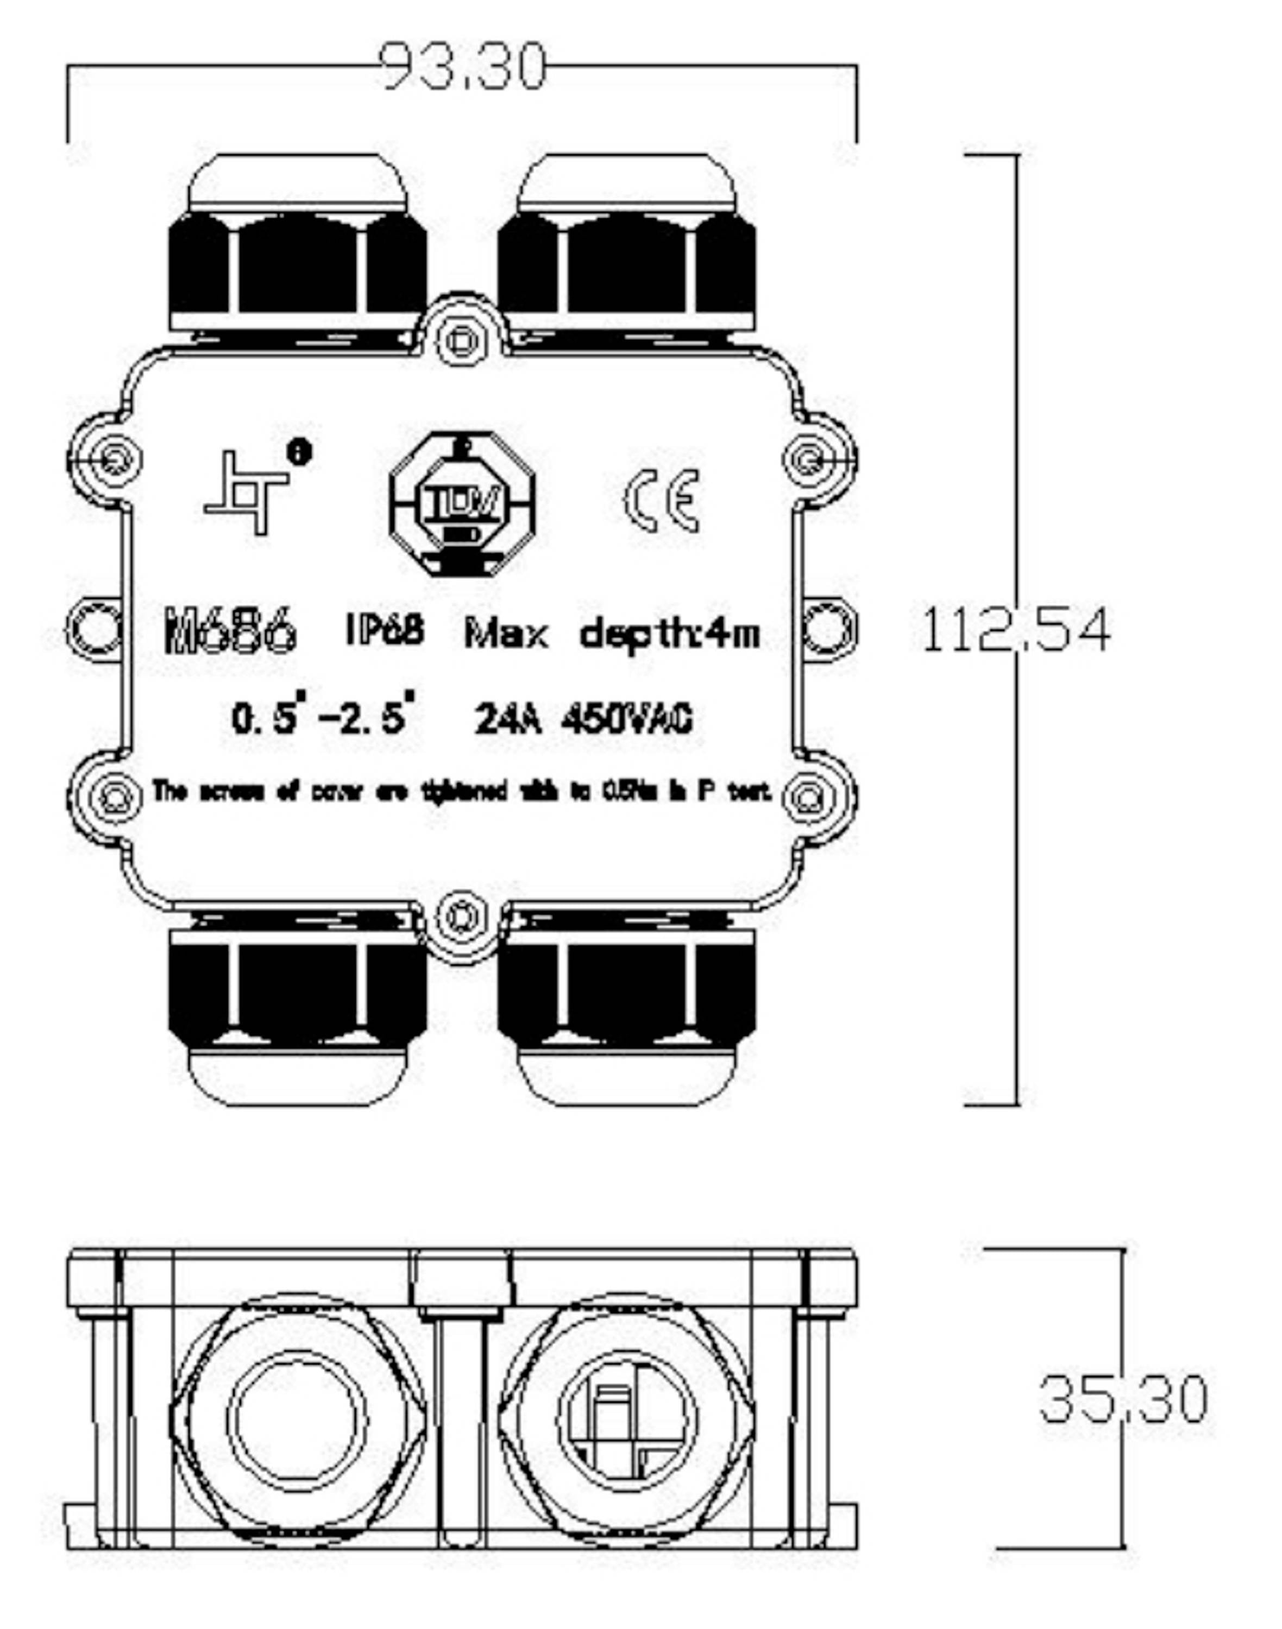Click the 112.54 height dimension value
[x=1015, y=631]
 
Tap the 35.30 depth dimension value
[x=1123, y=1399]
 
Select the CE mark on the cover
[x=662, y=501]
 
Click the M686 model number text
[x=230, y=632]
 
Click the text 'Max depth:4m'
[x=612, y=634]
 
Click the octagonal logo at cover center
[x=462, y=504]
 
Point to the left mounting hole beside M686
[x=95, y=629]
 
